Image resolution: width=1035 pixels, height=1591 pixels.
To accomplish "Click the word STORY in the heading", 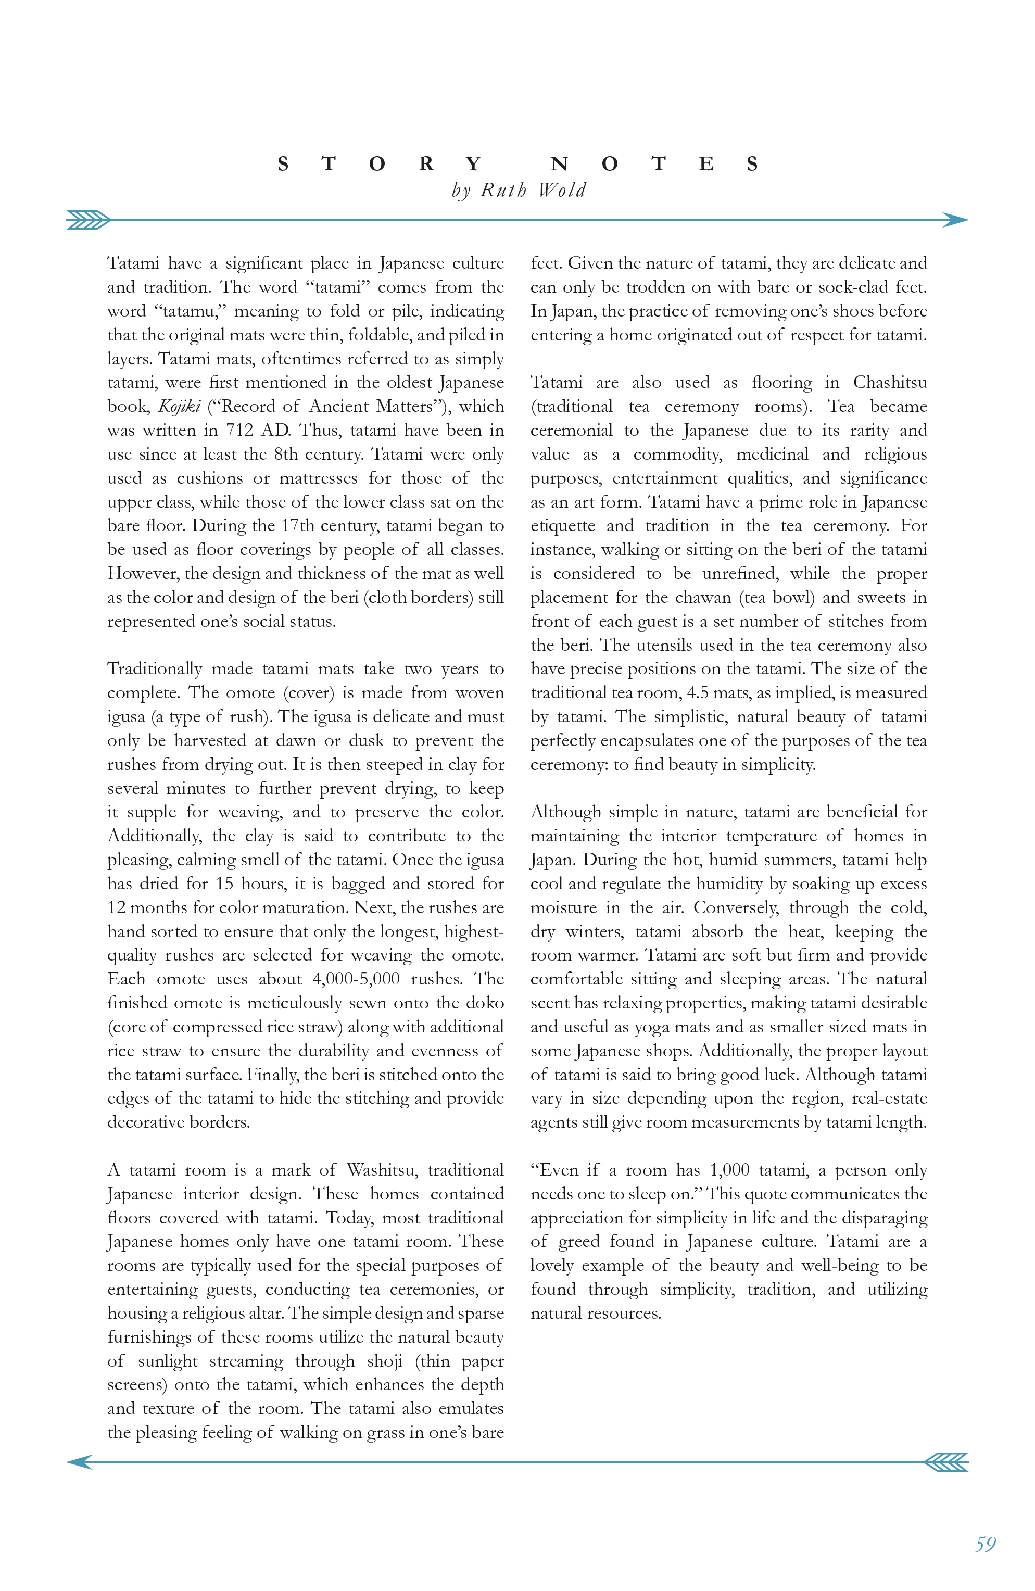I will [x=378, y=164].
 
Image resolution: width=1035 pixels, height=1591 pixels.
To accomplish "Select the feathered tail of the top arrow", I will [x=89, y=220].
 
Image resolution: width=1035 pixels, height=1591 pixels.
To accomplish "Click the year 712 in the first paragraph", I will [x=238, y=431].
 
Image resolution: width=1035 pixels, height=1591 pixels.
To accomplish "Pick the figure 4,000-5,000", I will [x=356, y=979].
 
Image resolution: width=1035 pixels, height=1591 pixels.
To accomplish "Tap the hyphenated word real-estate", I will [x=889, y=1099].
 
